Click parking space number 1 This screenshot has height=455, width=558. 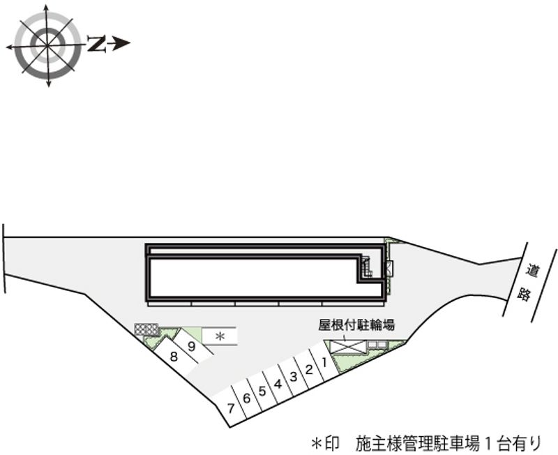pyautogui.click(x=324, y=364)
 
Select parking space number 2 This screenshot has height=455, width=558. pyautogui.click(x=308, y=370)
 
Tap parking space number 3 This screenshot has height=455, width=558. pyautogui.click(x=293, y=377)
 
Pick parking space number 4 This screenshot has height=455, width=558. pyautogui.click(x=277, y=384)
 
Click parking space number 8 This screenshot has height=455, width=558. pyautogui.click(x=173, y=357)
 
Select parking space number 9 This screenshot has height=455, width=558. pyautogui.click(x=191, y=344)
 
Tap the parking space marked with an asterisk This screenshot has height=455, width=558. pyautogui.click(x=220, y=336)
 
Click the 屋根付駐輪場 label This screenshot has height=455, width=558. pyautogui.click(x=356, y=325)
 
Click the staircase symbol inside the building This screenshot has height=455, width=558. pyautogui.click(x=365, y=266)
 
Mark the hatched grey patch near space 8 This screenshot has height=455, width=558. pyautogui.click(x=147, y=329)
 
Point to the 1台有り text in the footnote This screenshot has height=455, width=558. pyautogui.click(x=512, y=442)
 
